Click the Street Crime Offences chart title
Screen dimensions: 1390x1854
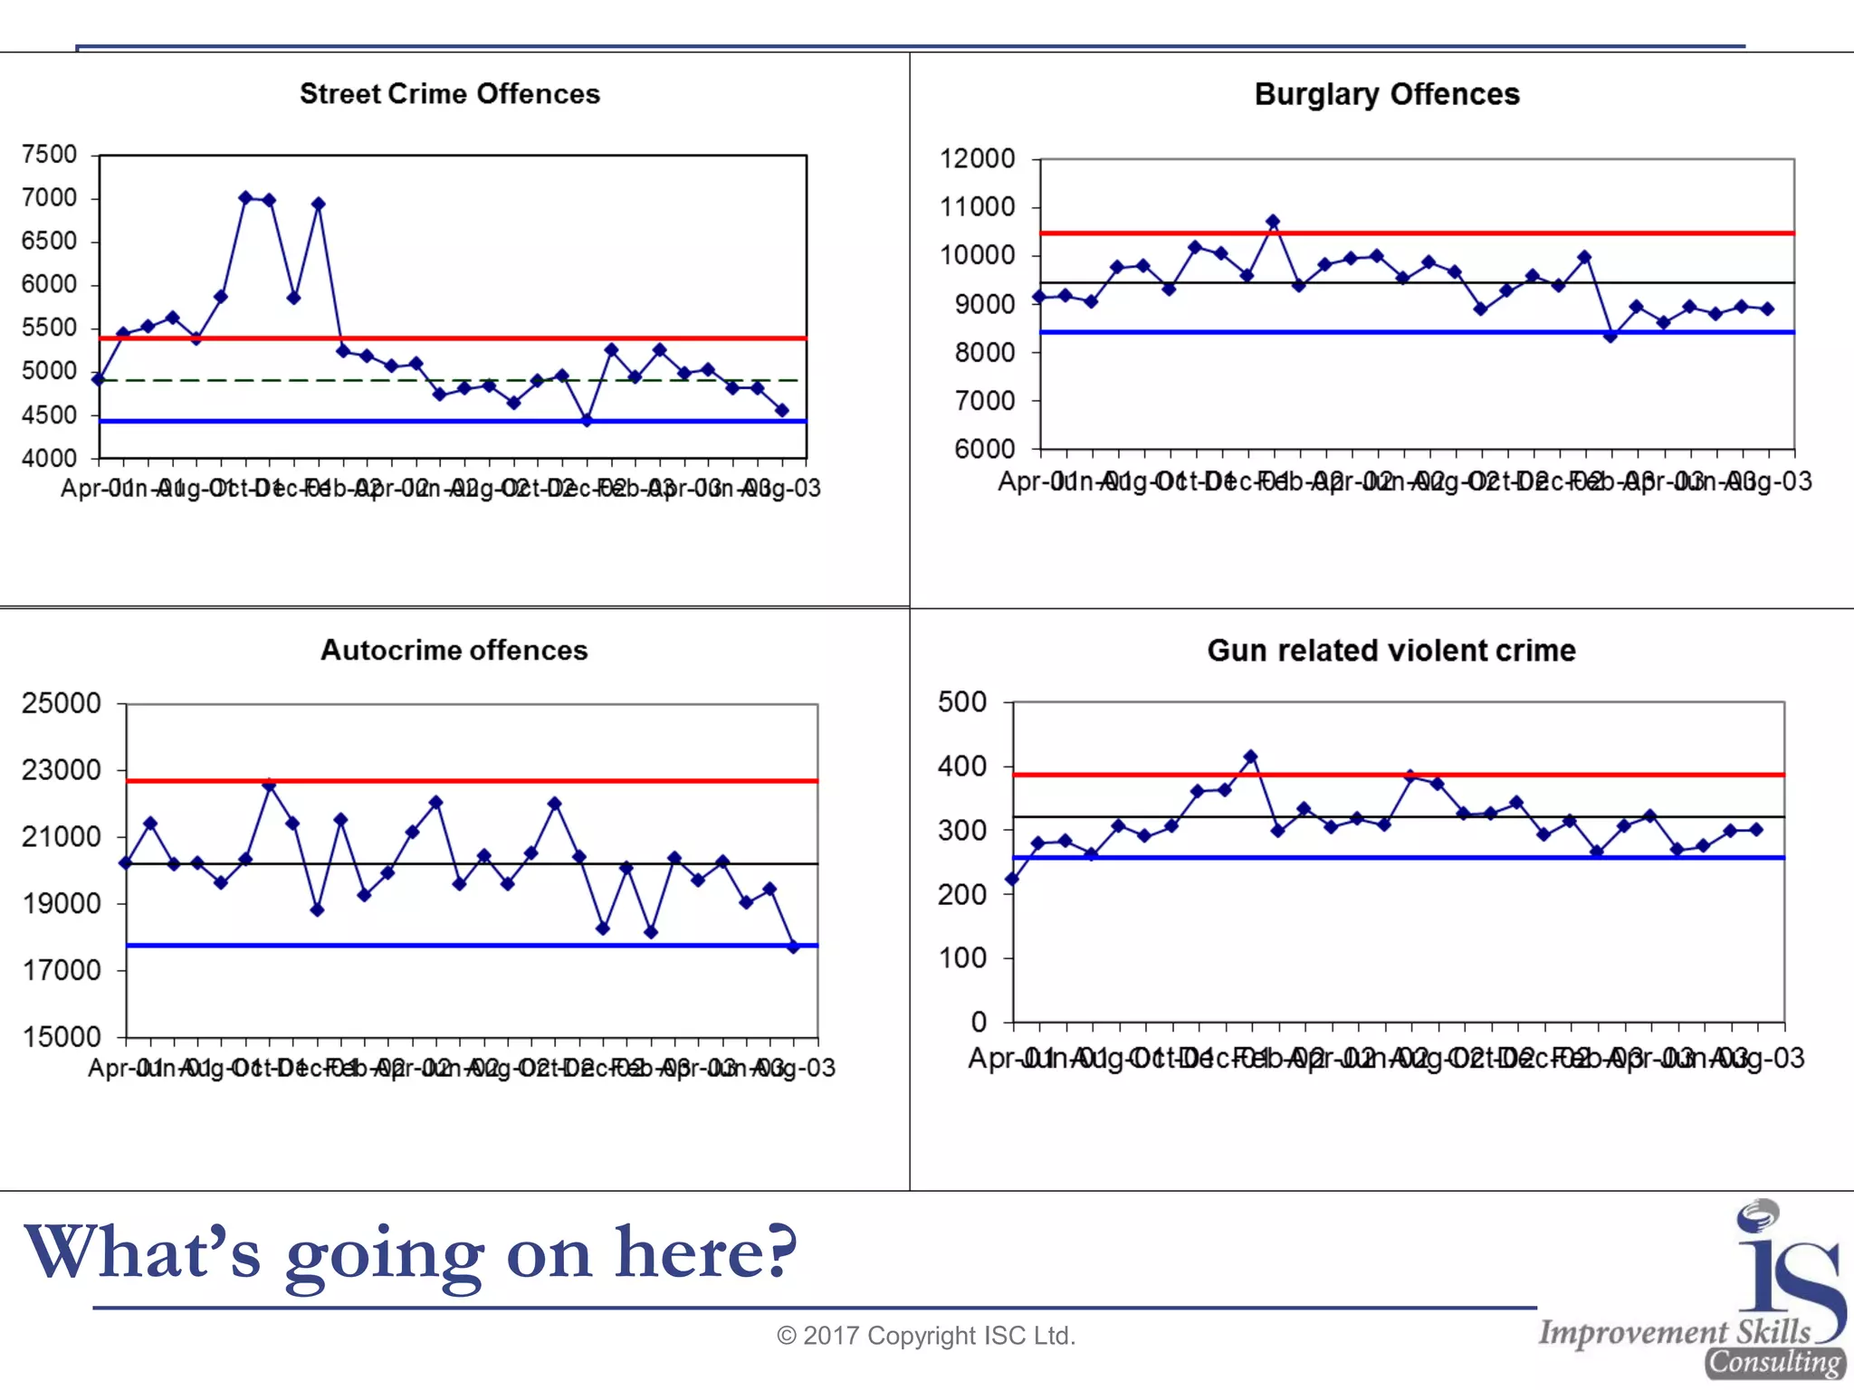(450, 94)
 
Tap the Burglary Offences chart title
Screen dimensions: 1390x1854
(1386, 94)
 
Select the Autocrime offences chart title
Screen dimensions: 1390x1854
(454, 650)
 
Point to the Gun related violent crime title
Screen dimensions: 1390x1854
(1390, 650)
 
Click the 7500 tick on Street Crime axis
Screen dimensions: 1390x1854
(50, 155)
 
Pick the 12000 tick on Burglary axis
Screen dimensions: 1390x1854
(977, 158)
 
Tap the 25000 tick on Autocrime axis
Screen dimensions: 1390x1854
(61, 703)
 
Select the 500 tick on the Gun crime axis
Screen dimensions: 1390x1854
(961, 701)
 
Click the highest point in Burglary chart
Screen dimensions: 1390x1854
(1273, 222)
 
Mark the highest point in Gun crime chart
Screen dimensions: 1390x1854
(1251, 757)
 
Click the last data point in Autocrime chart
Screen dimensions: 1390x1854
(794, 947)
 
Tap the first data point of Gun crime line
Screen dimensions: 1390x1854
(1012, 879)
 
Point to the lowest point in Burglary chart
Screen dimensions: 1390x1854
(1610, 336)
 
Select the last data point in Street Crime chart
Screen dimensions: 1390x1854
(782, 411)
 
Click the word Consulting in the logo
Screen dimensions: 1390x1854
(1774, 1362)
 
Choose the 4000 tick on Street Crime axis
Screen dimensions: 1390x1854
(50, 458)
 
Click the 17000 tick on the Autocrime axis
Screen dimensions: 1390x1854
(61, 970)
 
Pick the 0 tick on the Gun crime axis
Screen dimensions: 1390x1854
(978, 1022)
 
